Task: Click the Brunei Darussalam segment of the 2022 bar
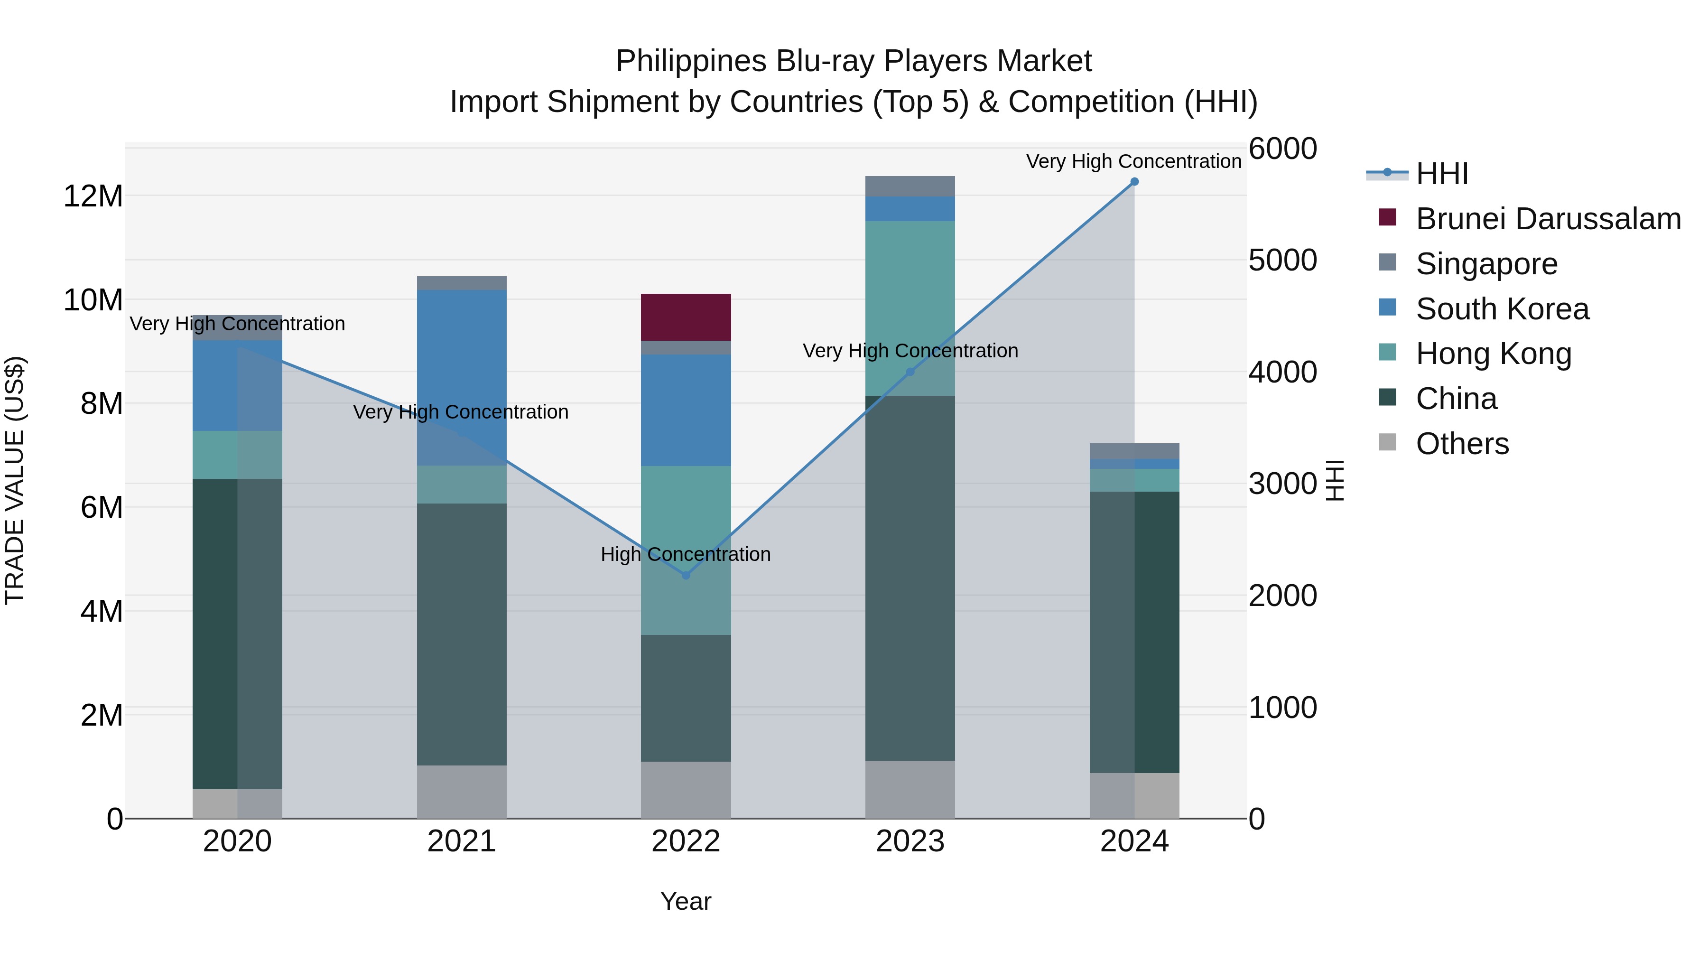tap(686, 317)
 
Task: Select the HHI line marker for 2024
tap(1134, 182)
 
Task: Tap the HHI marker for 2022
tap(686, 575)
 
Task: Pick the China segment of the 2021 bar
tap(462, 634)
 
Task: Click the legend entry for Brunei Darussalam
tap(1548, 219)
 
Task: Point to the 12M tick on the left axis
tap(93, 196)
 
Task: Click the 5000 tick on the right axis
tap(1282, 260)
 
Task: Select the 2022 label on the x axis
tap(686, 841)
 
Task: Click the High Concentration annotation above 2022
tap(686, 554)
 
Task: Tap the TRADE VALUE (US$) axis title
tap(15, 480)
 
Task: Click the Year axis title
tap(686, 901)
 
